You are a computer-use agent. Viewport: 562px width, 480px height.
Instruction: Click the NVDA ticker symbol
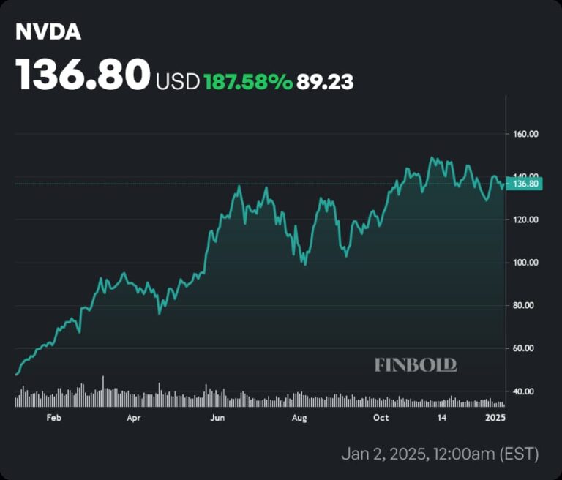click(48, 34)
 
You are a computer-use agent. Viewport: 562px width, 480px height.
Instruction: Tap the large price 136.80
click(83, 75)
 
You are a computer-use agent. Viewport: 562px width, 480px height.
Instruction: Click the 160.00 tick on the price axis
click(525, 134)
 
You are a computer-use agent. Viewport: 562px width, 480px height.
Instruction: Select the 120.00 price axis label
click(525, 220)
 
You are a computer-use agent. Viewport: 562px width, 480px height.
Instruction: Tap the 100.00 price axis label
click(525, 263)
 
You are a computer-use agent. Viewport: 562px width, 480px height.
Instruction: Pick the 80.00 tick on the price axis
click(525, 305)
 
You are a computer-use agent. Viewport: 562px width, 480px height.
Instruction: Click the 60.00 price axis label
click(525, 348)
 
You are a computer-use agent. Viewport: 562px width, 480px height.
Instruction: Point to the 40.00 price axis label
click(525, 391)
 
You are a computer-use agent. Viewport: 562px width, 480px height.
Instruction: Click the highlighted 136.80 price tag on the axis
click(526, 184)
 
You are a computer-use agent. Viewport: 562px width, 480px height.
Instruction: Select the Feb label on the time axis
click(53, 418)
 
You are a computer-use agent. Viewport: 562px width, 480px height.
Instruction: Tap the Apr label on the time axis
click(133, 418)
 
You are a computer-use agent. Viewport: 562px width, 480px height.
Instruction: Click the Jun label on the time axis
click(217, 418)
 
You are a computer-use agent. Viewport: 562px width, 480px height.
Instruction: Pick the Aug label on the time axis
click(299, 418)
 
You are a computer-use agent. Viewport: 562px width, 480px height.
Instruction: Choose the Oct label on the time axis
click(381, 418)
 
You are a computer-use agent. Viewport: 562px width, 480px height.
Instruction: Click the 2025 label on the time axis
click(495, 418)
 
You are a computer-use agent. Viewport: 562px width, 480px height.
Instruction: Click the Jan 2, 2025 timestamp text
click(440, 454)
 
